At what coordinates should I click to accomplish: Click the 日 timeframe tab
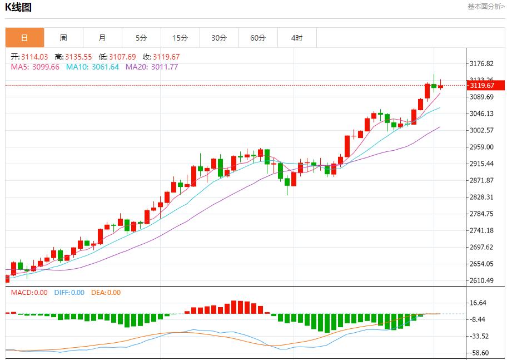click(x=24, y=38)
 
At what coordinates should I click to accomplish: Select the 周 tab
click(x=63, y=38)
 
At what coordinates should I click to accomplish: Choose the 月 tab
click(x=102, y=38)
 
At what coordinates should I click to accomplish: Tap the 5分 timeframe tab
click(x=141, y=38)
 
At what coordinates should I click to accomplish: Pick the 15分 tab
click(x=180, y=38)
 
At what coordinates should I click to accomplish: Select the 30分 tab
click(x=219, y=38)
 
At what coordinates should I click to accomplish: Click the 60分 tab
click(x=258, y=38)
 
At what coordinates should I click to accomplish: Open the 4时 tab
click(x=297, y=38)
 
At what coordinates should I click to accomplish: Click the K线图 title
click(x=18, y=7)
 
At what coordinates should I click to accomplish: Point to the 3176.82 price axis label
click(x=481, y=63)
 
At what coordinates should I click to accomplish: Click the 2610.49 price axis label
click(x=481, y=280)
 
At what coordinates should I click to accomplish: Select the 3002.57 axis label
click(x=481, y=130)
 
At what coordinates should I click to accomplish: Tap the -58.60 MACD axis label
click(x=480, y=353)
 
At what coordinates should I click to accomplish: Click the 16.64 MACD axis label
click(x=478, y=303)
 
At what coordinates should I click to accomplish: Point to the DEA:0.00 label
click(x=106, y=293)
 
